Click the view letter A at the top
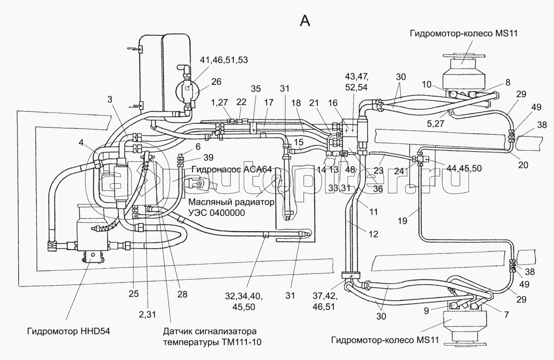[x=305, y=21]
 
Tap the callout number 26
[x=216, y=82]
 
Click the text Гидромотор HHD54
[x=68, y=331]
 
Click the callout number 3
[x=110, y=100]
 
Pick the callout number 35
[x=256, y=88]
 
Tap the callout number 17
[x=268, y=102]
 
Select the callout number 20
[x=523, y=165]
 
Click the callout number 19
[x=402, y=220]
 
